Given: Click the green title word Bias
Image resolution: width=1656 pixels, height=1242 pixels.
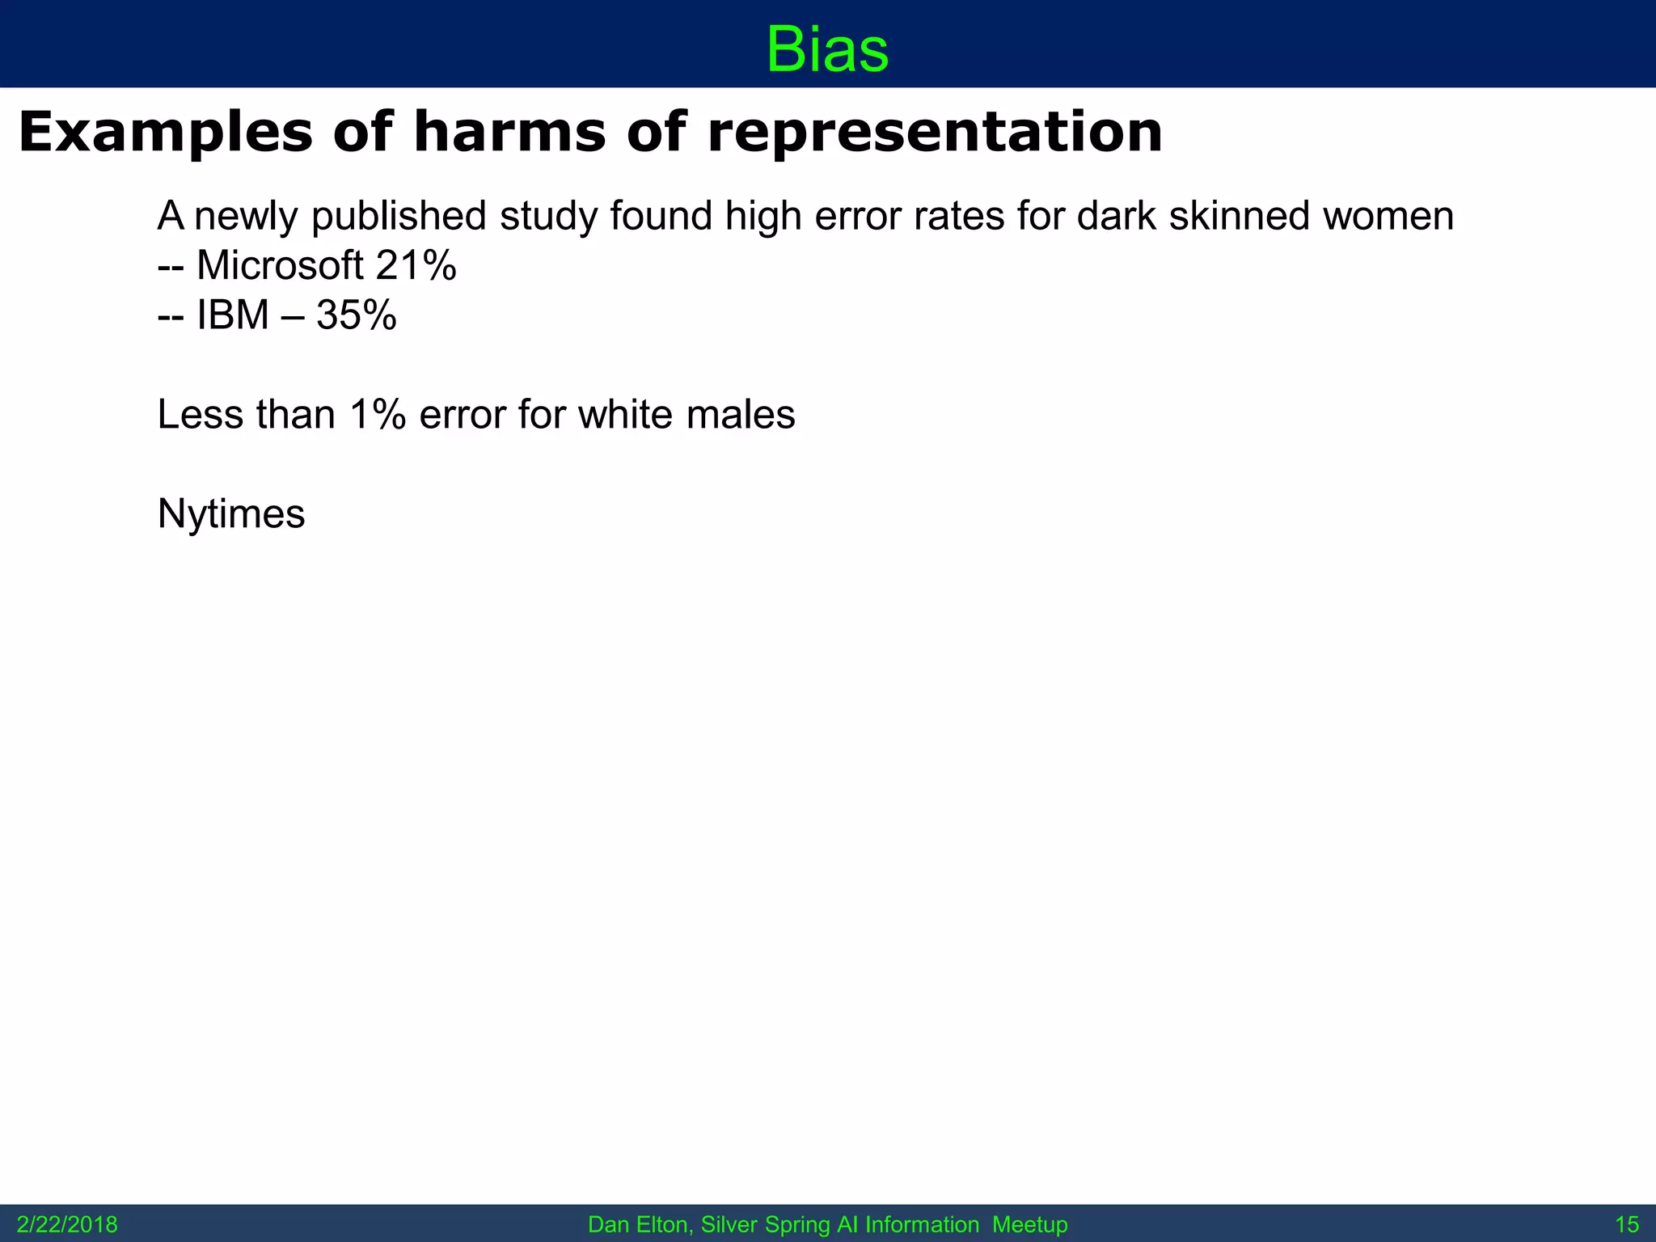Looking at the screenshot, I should [827, 49].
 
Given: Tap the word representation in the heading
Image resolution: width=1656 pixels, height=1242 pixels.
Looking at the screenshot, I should [935, 133].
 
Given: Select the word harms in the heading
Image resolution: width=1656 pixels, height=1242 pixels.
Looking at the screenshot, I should [509, 132].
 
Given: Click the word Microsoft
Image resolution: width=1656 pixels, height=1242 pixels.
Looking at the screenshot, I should [280, 265].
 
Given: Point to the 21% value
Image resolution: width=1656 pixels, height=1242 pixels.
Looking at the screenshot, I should [416, 265].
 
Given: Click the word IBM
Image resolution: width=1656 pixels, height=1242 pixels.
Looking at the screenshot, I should [233, 315].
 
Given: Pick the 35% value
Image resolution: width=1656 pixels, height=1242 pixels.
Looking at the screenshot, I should [357, 315].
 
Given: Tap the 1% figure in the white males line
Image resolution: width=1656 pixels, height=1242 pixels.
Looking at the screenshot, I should [378, 414].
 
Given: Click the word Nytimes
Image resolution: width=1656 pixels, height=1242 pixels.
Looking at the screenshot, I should [231, 514].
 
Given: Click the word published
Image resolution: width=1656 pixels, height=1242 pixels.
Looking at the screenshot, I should [399, 217].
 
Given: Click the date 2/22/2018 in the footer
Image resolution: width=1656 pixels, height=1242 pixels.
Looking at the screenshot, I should [67, 1225].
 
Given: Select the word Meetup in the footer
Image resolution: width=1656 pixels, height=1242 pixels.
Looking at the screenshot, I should [1029, 1225].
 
